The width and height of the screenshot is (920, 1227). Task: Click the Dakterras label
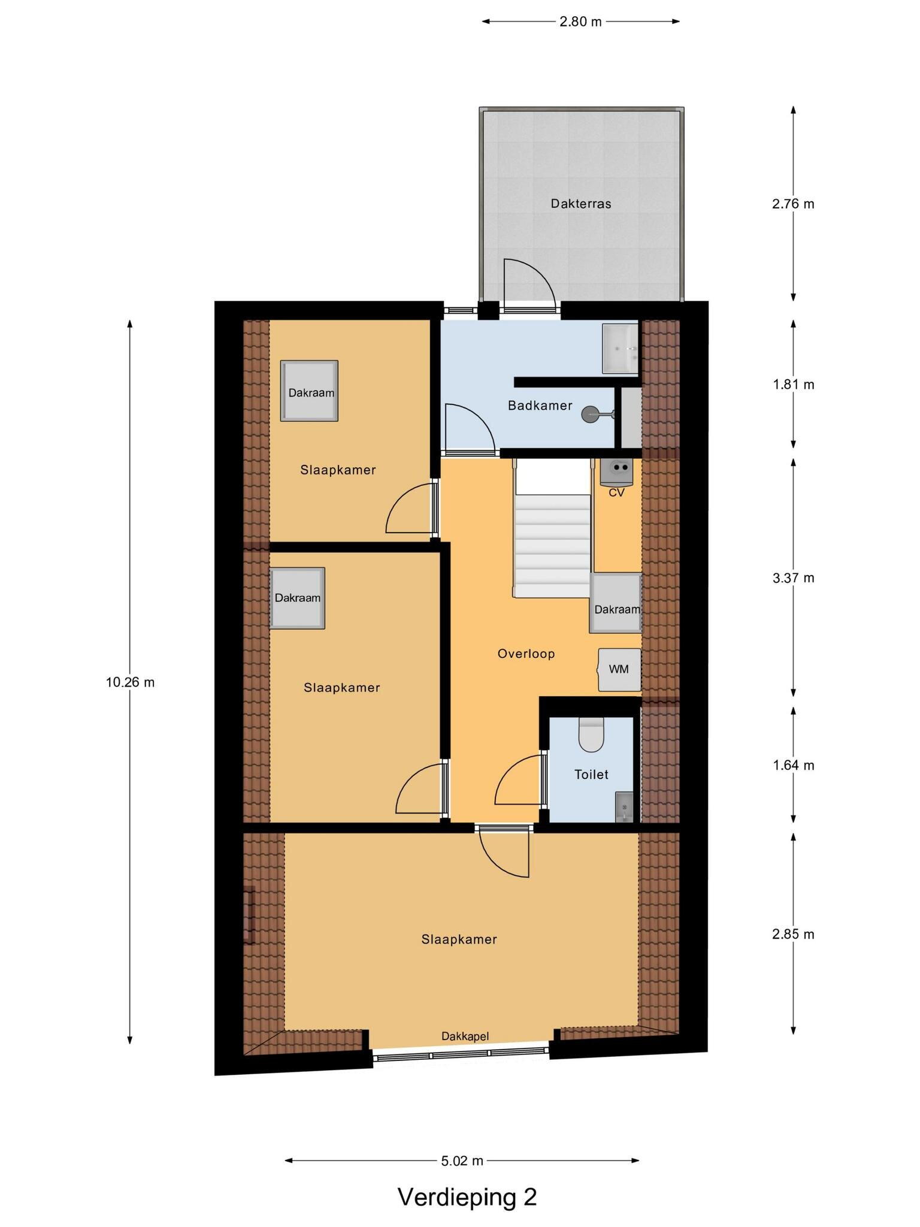click(581, 204)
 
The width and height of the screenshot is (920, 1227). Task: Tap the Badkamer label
click(540, 406)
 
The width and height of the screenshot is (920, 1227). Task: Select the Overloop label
click(526, 654)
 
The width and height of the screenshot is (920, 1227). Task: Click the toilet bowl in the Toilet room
click(592, 735)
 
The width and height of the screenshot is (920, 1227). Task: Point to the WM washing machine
click(619, 669)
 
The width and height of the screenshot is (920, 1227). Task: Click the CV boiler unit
click(616, 472)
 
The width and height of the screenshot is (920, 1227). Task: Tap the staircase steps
click(553, 545)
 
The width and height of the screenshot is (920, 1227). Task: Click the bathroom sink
click(620, 349)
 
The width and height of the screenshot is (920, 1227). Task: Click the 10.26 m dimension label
click(130, 682)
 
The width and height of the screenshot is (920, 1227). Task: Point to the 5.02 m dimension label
click(462, 1160)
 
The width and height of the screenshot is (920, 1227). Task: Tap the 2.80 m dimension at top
click(580, 22)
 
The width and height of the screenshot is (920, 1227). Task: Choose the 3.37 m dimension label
click(793, 578)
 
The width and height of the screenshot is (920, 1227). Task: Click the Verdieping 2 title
click(467, 1197)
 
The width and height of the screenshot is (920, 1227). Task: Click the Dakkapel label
click(465, 1036)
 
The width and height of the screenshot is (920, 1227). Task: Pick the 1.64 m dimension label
click(793, 765)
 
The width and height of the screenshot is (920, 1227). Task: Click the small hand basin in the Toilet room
click(624, 806)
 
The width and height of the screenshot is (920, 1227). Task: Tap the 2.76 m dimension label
click(793, 204)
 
